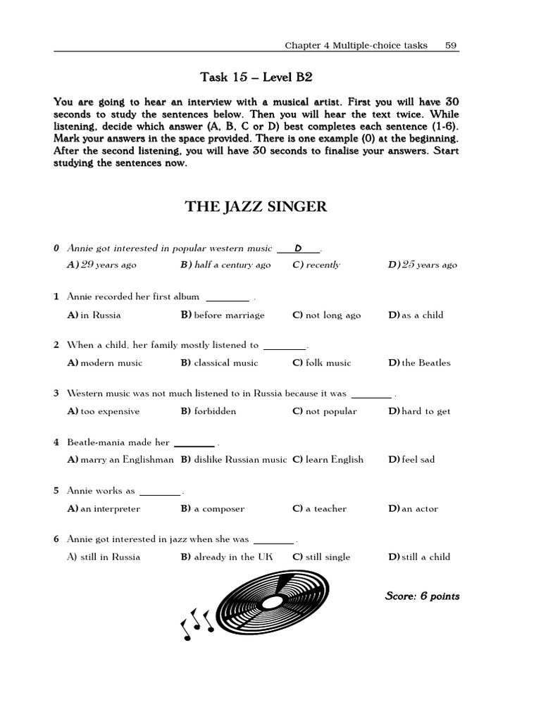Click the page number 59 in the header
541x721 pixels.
coord(451,45)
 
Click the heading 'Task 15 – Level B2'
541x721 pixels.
coord(256,77)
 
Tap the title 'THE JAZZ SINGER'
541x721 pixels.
coord(256,206)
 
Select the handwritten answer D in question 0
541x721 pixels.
coord(298,249)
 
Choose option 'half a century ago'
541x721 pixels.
coord(225,265)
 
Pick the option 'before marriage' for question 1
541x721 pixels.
coord(223,315)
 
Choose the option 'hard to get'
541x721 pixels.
coord(419,411)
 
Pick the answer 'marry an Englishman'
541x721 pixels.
coord(120,460)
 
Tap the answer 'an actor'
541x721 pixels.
coord(413,508)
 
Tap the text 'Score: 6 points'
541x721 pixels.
coord(422,596)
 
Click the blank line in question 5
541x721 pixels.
coord(161,491)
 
